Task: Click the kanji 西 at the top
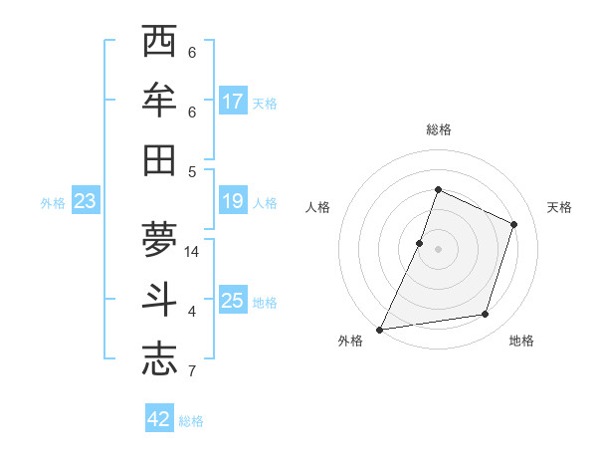pyautogui.click(x=159, y=43)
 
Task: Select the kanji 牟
pyautogui.click(x=159, y=102)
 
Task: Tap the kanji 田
pyautogui.click(x=159, y=160)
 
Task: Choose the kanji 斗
pyautogui.click(x=159, y=301)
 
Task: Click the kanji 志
pyautogui.click(x=159, y=359)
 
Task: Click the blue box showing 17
pyautogui.click(x=233, y=101)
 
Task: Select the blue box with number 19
pyautogui.click(x=233, y=202)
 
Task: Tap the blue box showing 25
pyautogui.click(x=233, y=301)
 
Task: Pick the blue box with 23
pyautogui.click(x=85, y=202)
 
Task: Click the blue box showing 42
pyautogui.click(x=159, y=419)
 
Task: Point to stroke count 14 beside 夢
pyautogui.click(x=193, y=252)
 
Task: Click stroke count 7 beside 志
pyautogui.click(x=191, y=372)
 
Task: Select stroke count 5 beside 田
pyautogui.click(x=191, y=171)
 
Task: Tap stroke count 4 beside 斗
pyautogui.click(x=191, y=313)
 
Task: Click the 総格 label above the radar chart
pyautogui.click(x=438, y=129)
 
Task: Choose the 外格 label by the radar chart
pyautogui.click(x=350, y=341)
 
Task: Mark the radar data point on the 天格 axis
pyautogui.click(x=514, y=224)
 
